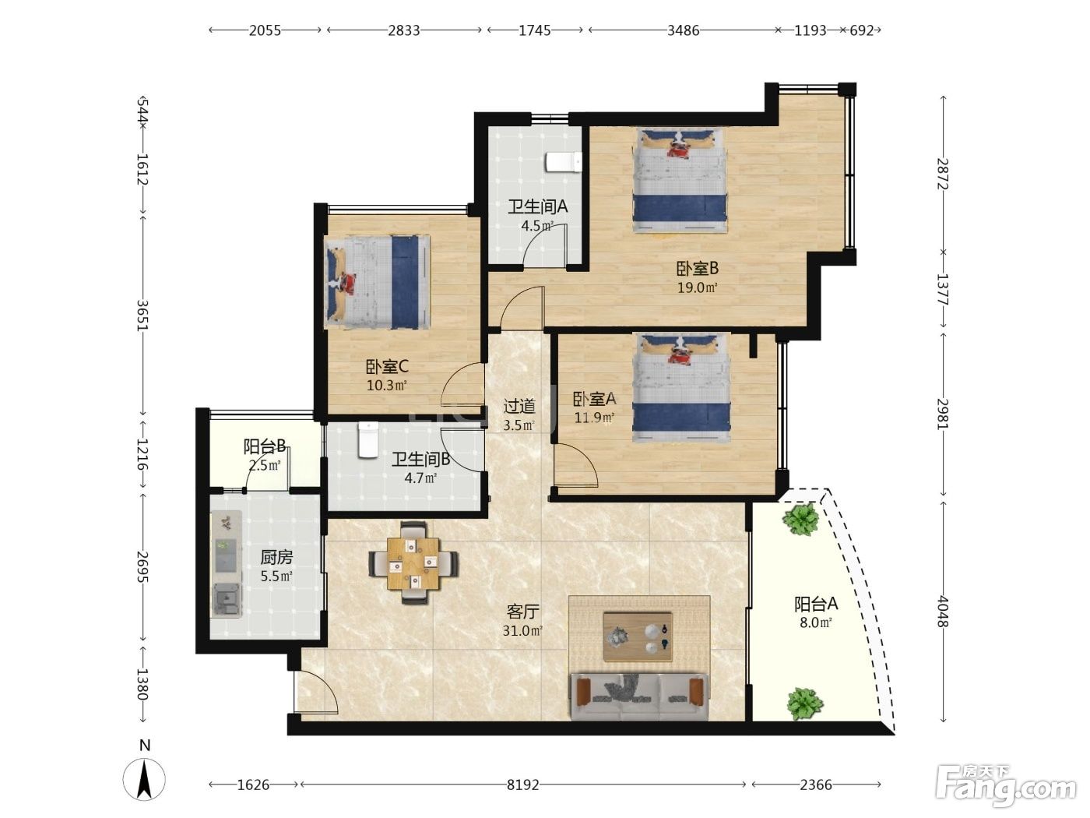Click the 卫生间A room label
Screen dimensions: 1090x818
click(x=537, y=206)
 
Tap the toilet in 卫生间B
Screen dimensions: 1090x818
click(x=368, y=439)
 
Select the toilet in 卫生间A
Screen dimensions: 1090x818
click(x=564, y=162)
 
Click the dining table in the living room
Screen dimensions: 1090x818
click(x=413, y=563)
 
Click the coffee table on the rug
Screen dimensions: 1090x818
click(x=638, y=636)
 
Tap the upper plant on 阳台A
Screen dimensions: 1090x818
click(x=800, y=519)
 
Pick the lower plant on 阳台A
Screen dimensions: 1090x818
click(x=804, y=703)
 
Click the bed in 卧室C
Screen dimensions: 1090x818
click(x=376, y=281)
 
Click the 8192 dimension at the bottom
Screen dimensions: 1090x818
click(x=522, y=785)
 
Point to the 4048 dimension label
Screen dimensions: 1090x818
click(x=943, y=611)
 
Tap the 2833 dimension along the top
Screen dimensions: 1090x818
click(x=404, y=30)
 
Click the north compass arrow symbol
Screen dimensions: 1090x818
click(x=145, y=780)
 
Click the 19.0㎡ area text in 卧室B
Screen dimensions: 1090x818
click(x=697, y=287)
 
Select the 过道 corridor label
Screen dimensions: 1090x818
click(x=519, y=406)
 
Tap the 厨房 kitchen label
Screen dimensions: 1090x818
click(x=276, y=557)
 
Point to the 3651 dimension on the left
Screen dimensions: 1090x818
click(x=143, y=315)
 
